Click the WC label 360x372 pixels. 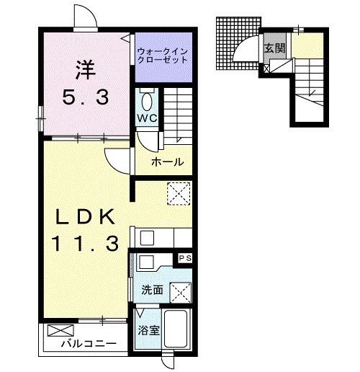[x=147, y=118]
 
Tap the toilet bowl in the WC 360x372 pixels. [x=147, y=102]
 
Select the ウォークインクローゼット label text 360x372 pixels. [x=162, y=56]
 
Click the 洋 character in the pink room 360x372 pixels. [x=86, y=70]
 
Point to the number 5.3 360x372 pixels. [x=86, y=97]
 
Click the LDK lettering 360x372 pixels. [x=85, y=216]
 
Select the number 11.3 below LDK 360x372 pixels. [x=85, y=243]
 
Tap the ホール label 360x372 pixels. [x=167, y=162]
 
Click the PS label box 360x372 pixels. [x=185, y=258]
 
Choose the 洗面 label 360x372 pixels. [x=152, y=290]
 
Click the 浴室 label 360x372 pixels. [x=148, y=330]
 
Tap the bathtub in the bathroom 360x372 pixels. [x=175, y=329]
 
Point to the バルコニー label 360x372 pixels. [x=89, y=344]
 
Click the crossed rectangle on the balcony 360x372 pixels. [x=60, y=330]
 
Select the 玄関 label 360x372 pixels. [x=275, y=48]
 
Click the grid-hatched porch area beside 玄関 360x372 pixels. [x=238, y=43]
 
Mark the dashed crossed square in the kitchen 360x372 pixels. [x=179, y=194]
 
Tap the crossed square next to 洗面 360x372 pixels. [x=181, y=293]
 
